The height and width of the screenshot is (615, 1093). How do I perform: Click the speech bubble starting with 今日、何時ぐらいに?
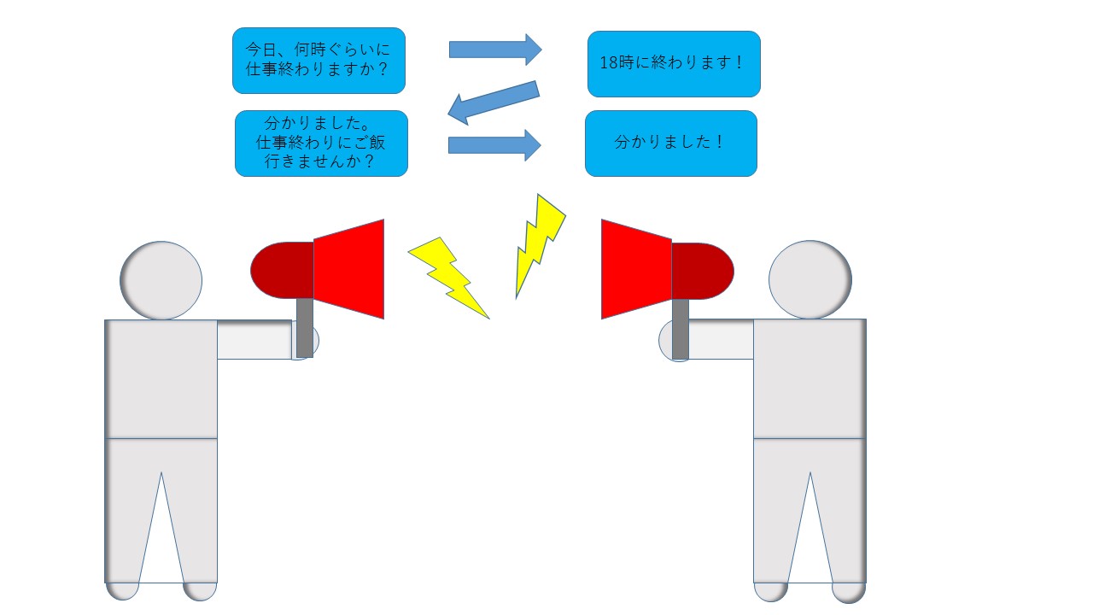pyautogui.click(x=319, y=61)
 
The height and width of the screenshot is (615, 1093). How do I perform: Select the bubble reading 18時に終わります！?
pyautogui.click(x=674, y=64)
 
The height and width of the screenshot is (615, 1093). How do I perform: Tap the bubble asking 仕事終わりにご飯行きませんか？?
pyautogui.click(x=321, y=143)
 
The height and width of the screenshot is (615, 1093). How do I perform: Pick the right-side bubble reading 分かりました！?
pyautogui.click(x=671, y=143)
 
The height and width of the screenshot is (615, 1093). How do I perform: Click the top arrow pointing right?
pyautogui.click(x=495, y=50)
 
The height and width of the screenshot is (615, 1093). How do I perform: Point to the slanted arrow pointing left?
pyautogui.click(x=494, y=102)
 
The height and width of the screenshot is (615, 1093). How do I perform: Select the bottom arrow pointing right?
pyautogui.click(x=494, y=145)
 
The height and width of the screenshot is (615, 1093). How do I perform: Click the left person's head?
pyautogui.click(x=161, y=281)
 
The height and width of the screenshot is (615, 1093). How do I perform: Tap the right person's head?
pyautogui.click(x=810, y=279)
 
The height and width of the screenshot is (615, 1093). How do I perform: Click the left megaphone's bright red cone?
pyautogui.click(x=349, y=269)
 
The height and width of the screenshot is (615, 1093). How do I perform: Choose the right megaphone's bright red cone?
pyautogui.click(x=636, y=269)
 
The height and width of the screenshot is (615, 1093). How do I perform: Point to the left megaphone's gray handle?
pyautogui.click(x=305, y=327)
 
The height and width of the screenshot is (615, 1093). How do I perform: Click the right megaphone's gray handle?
pyautogui.click(x=681, y=330)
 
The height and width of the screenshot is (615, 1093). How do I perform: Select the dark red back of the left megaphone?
pyautogui.click(x=282, y=270)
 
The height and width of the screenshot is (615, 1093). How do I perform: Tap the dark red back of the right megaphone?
pyautogui.click(x=703, y=271)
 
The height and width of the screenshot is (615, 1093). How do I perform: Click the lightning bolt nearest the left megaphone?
pyautogui.click(x=449, y=278)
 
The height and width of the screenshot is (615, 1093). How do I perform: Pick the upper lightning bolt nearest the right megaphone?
pyautogui.click(x=541, y=245)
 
